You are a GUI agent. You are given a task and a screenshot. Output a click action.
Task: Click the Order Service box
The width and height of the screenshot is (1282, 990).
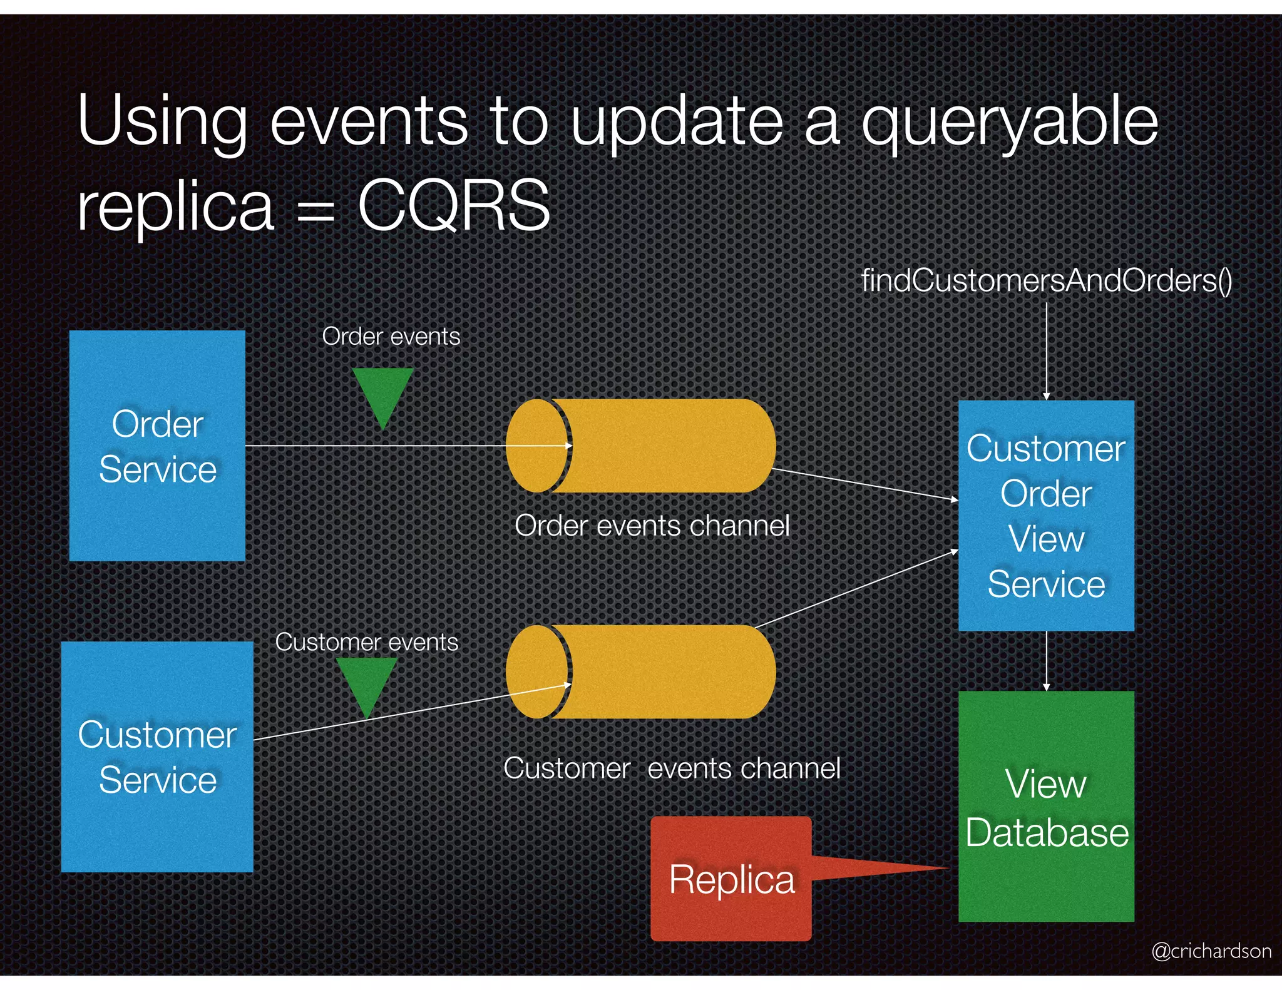(156, 446)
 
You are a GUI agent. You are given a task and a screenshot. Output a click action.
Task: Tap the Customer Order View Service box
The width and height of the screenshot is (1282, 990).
(1045, 515)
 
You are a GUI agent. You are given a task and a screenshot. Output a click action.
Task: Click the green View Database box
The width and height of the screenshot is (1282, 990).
(1045, 806)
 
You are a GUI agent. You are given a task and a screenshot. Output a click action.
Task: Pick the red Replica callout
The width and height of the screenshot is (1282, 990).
(731, 878)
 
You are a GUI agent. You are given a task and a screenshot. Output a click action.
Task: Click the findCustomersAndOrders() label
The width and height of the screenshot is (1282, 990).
(1046, 280)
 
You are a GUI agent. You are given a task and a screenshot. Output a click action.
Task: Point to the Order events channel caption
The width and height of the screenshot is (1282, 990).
(652, 526)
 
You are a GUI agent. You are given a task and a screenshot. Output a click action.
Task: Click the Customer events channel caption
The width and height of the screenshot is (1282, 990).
(672, 768)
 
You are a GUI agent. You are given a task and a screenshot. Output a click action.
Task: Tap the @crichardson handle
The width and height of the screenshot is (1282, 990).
(1211, 951)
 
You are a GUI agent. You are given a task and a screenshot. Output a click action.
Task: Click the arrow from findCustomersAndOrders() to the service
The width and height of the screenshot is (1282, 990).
(1046, 350)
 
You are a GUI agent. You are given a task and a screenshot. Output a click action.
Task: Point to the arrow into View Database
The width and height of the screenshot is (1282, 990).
(1046, 660)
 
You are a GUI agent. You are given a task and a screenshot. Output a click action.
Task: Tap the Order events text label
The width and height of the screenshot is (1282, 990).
(391, 337)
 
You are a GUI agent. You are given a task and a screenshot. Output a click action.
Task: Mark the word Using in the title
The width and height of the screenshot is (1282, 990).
(162, 122)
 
